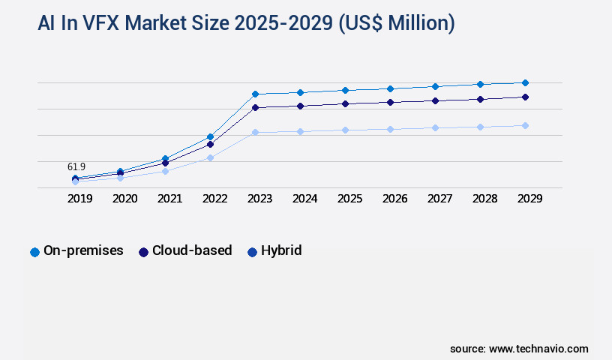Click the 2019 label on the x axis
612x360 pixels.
(x=79, y=199)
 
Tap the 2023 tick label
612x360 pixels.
(x=259, y=199)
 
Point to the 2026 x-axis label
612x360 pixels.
(x=394, y=199)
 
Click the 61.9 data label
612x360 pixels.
(x=76, y=166)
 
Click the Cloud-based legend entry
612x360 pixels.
(x=185, y=251)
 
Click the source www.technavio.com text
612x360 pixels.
(x=519, y=349)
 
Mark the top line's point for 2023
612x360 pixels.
(x=255, y=94)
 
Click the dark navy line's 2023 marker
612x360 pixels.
(x=255, y=107)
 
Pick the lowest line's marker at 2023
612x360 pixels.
(x=255, y=132)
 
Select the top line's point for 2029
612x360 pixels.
(x=525, y=82)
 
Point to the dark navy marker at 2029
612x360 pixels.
(x=525, y=97)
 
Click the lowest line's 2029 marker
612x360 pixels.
(x=525, y=125)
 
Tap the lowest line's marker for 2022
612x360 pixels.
(x=210, y=157)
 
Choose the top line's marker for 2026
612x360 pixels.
(x=390, y=88)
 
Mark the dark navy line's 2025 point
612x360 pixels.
(x=345, y=103)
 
